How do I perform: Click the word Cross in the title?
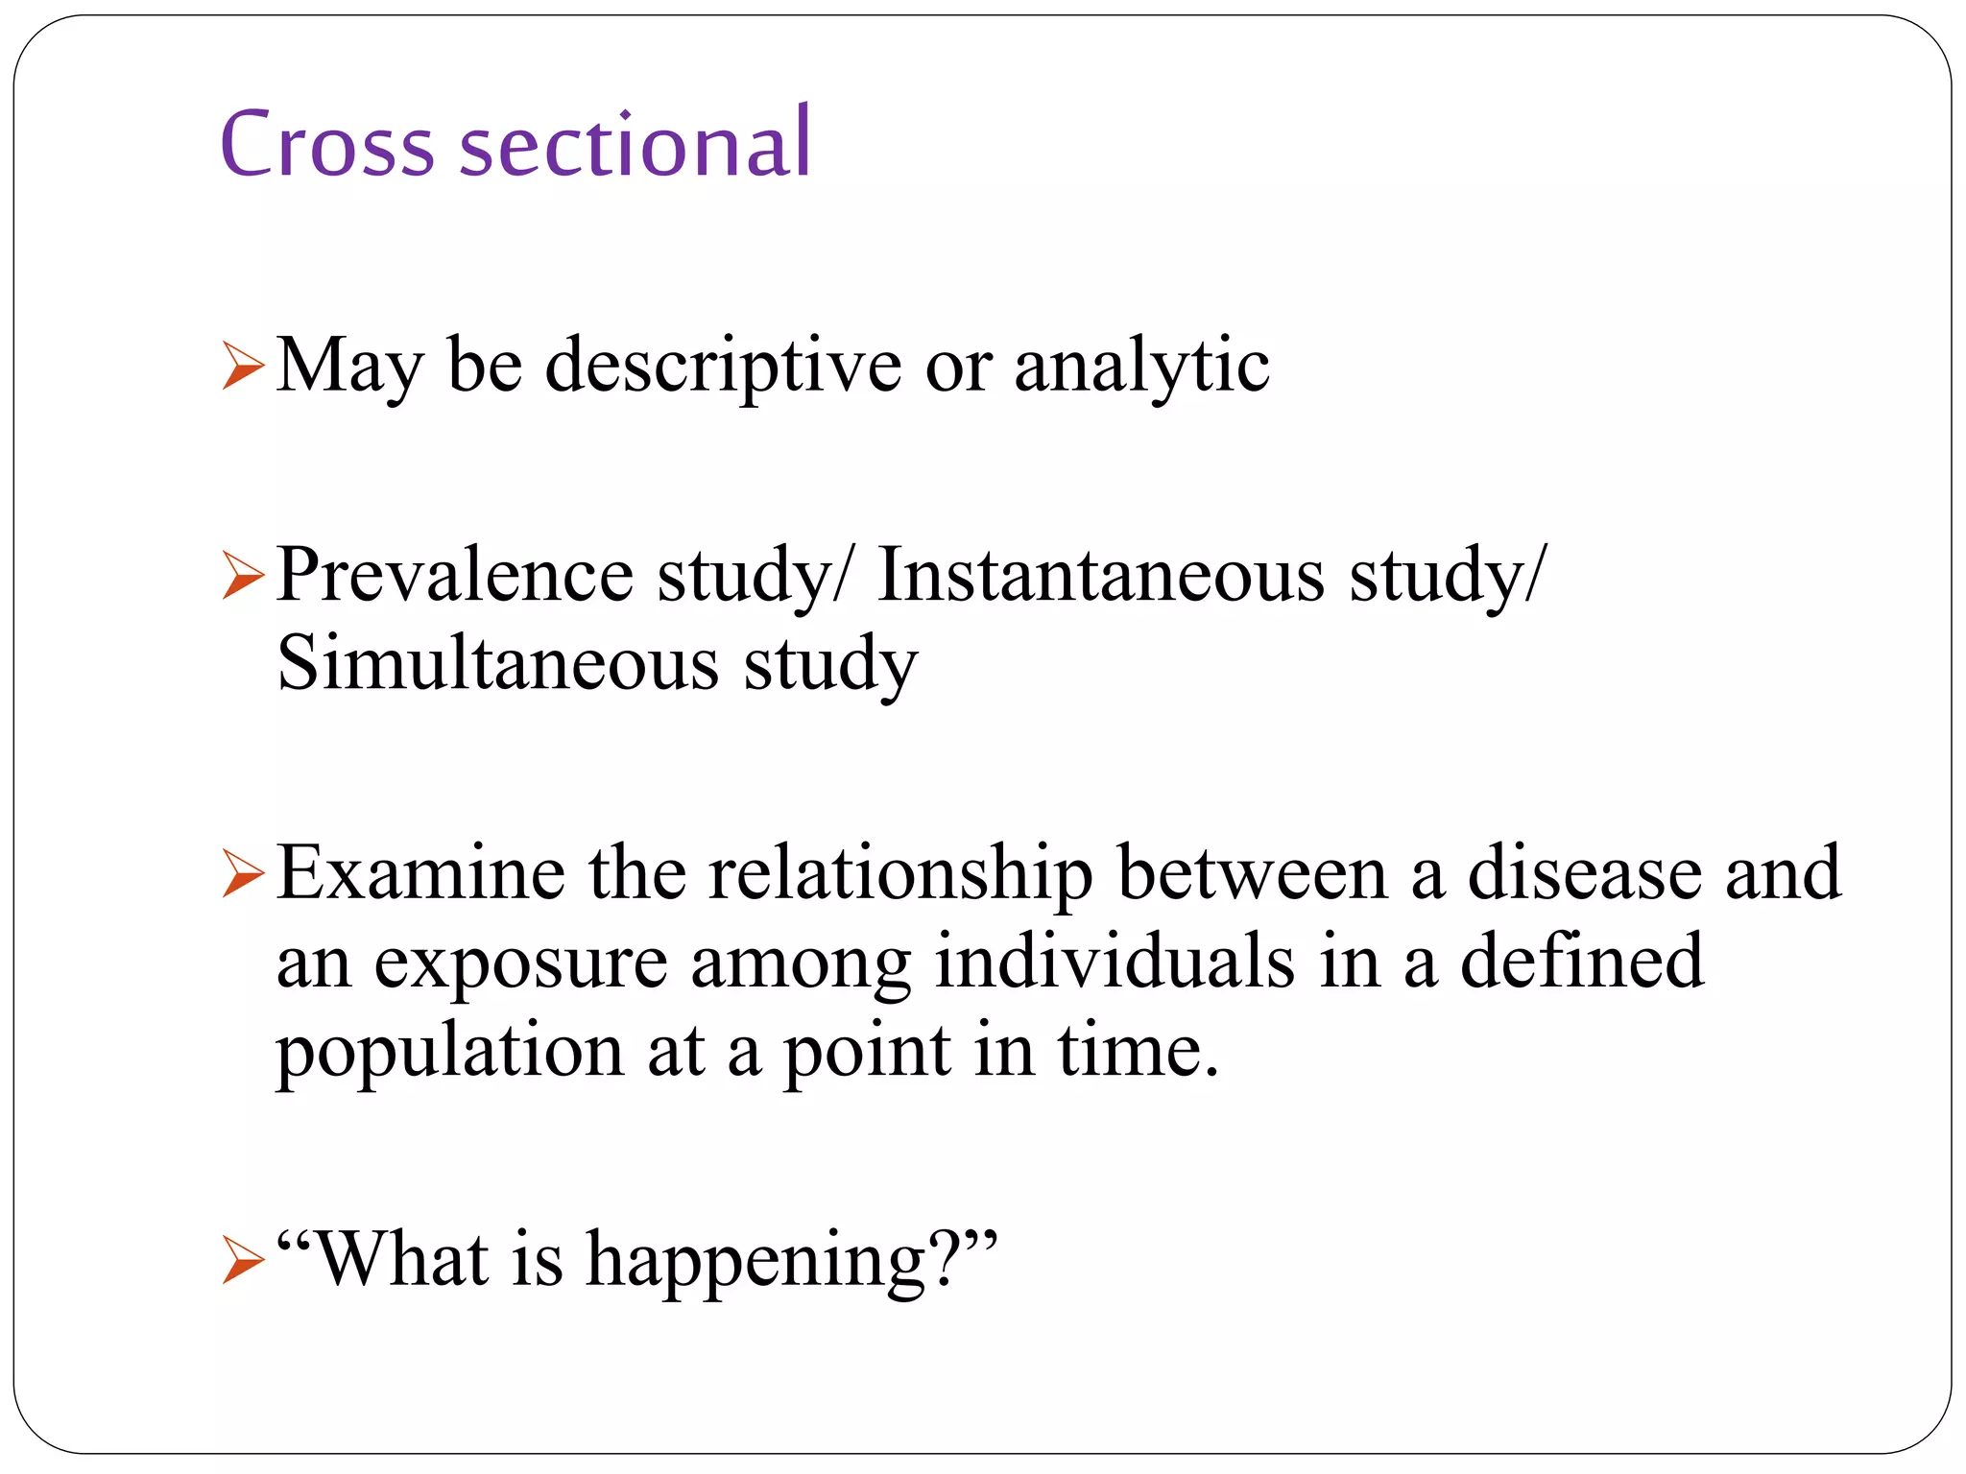(327, 144)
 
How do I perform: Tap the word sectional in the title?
(635, 144)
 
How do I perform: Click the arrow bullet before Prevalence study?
(242, 576)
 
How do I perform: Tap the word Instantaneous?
(1101, 576)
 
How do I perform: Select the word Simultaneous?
(497, 664)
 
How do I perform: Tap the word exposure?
(520, 963)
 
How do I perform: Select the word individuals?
(1115, 963)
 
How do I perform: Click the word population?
(450, 1052)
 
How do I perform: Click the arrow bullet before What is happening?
(242, 1260)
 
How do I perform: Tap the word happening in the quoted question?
(755, 1260)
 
